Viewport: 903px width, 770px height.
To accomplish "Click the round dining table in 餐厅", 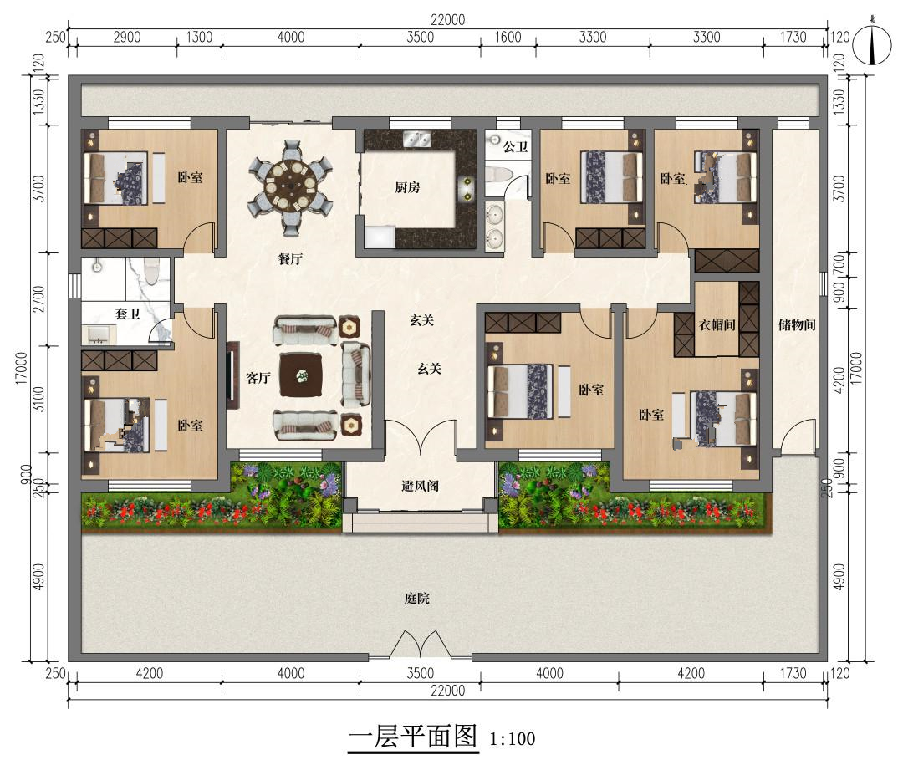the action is pos(290,187).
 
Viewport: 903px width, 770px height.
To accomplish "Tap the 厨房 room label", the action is pos(408,187).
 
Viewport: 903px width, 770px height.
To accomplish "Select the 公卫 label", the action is pos(515,147).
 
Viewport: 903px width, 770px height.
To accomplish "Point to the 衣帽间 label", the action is pos(717,325).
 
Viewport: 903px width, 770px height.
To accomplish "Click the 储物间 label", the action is pos(797,325).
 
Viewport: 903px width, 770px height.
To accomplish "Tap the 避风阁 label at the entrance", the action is pos(421,486).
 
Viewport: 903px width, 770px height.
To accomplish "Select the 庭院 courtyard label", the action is pos(417,599).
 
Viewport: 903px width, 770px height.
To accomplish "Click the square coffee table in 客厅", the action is pos(301,375).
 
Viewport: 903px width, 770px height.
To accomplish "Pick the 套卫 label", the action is pos(127,314).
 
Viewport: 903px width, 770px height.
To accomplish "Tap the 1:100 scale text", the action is pos(512,739).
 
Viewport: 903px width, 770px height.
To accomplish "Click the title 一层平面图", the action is pos(414,737).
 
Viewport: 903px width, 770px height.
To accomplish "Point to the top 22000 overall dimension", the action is pos(447,19).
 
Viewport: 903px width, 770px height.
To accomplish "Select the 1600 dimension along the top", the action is pos(508,38).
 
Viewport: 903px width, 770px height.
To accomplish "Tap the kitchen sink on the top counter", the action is pos(416,139).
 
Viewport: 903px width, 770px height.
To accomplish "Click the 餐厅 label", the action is pos(290,258).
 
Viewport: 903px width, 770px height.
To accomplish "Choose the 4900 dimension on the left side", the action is pos(38,577).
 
